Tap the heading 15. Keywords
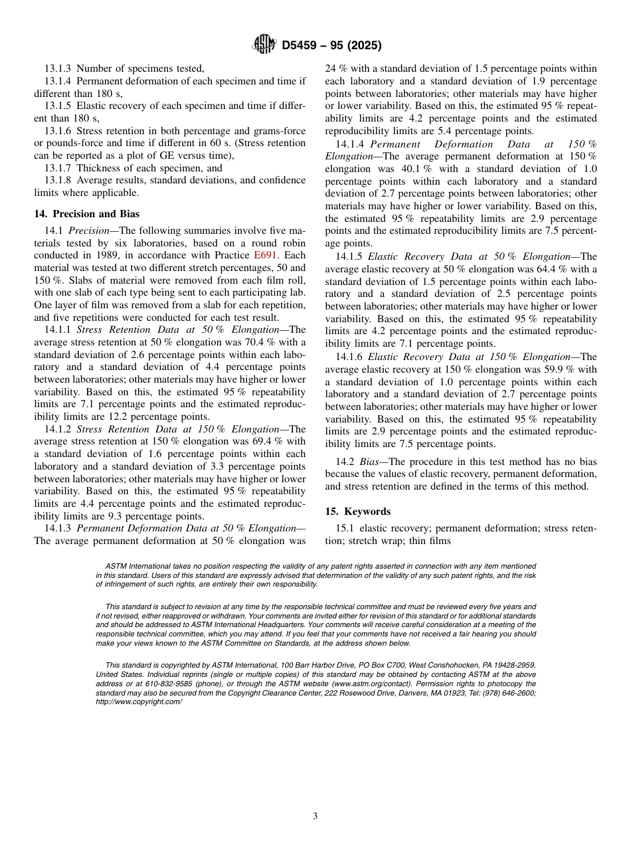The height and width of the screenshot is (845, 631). coord(357,512)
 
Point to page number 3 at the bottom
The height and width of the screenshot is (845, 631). coord(315,816)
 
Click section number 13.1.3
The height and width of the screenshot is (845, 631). coord(58,68)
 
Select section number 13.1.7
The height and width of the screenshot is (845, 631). coord(58,168)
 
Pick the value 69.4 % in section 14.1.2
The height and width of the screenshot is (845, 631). coord(259,442)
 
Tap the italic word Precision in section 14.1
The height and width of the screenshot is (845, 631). coord(88,231)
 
